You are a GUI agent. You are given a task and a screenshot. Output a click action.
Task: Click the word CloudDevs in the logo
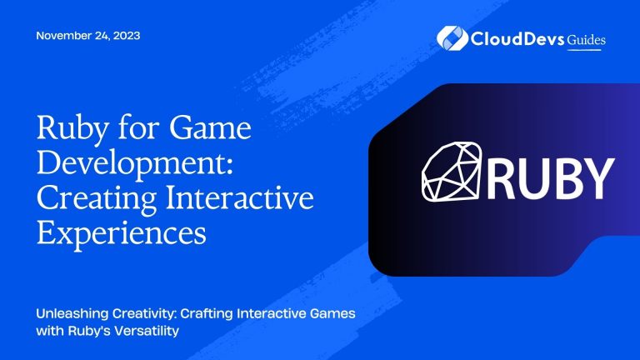coord(512,38)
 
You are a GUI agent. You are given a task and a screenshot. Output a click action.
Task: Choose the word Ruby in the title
coord(67,131)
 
